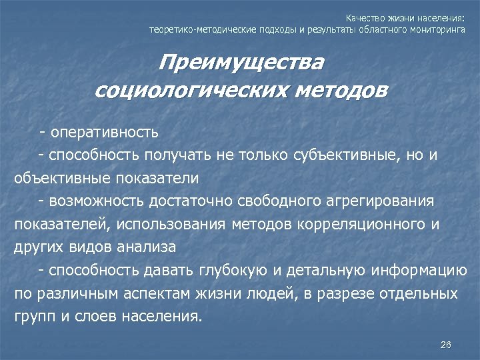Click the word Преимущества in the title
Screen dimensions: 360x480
pyautogui.click(x=241, y=64)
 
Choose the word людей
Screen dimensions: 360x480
pyautogui.click(x=265, y=294)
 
